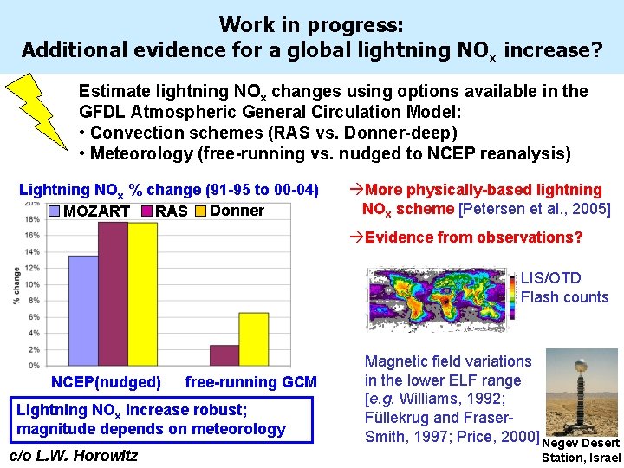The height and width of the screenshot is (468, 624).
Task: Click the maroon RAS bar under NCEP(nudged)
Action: pos(113,294)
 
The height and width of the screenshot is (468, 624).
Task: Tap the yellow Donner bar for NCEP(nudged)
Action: pos(142,294)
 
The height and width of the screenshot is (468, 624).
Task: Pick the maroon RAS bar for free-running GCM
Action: pos(224,355)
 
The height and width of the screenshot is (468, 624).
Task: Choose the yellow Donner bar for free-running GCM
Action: pos(253,339)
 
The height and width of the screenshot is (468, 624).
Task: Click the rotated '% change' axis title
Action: pos(16,285)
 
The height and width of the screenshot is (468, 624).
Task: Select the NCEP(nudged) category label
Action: pos(106,382)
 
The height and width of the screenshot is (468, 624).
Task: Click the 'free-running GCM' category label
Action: pos(251,382)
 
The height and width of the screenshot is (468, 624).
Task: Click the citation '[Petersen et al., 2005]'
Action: pos(535,209)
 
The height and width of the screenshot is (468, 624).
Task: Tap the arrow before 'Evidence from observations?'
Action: pos(355,237)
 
